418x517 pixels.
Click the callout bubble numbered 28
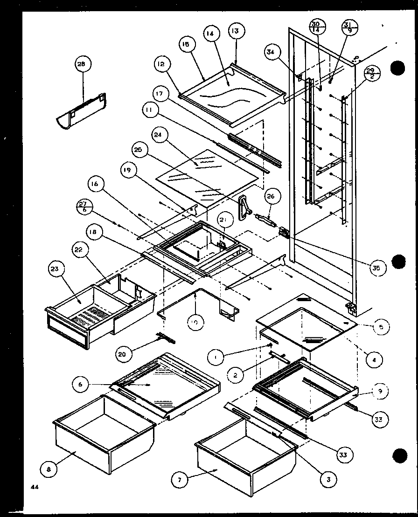click(x=82, y=64)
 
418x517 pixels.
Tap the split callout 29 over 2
click(x=371, y=73)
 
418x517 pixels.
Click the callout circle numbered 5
click(x=381, y=328)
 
